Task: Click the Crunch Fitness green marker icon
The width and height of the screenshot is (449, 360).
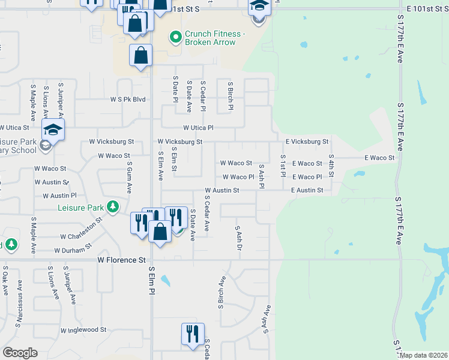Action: (176, 38)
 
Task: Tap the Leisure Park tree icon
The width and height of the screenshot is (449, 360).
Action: (112, 207)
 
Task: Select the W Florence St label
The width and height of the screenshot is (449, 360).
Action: (122, 260)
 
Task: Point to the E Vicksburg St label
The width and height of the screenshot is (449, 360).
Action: (307, 142)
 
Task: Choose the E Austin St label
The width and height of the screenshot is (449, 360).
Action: (307, 190)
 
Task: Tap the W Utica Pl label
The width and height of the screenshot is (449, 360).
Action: (198, 128)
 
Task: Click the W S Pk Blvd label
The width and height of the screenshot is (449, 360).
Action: (128, 99)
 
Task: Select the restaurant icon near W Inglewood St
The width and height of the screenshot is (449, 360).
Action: (193, 335)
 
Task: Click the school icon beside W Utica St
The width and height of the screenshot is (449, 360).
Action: (53, 130)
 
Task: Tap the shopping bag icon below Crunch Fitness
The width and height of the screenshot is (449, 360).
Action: (140, 56)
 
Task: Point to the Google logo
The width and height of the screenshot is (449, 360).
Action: (20, 353)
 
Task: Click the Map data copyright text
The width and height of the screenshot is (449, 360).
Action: (423, 355)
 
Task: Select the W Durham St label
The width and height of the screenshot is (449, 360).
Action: (73, 248)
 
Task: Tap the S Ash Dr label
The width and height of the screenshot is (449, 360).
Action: (238, 239)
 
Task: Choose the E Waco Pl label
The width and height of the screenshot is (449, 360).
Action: (307, 177)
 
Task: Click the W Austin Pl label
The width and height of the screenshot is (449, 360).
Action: (59, 196)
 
